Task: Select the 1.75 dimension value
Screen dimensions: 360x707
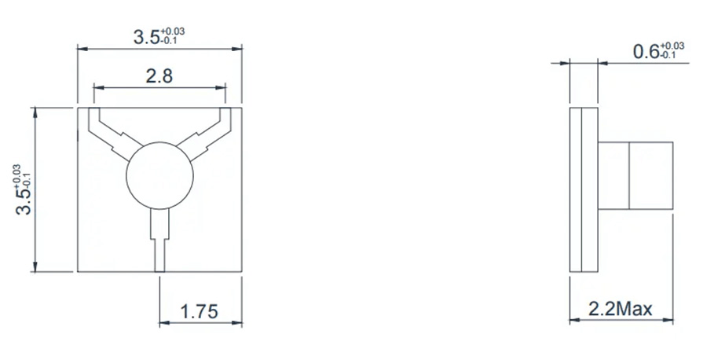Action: click(x=200, y=311)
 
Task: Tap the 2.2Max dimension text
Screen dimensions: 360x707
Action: click(x=621, y=309)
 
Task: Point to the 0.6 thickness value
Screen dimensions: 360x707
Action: click(x=646, y=53)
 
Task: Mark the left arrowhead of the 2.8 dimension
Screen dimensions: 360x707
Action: click(x=97, y=86)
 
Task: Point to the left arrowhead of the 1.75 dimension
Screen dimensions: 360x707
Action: click(x=163, y=322)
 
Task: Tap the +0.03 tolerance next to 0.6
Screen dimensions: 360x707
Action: click(x=672, y=46)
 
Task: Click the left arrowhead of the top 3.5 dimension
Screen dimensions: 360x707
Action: click(x=81, y=49)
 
